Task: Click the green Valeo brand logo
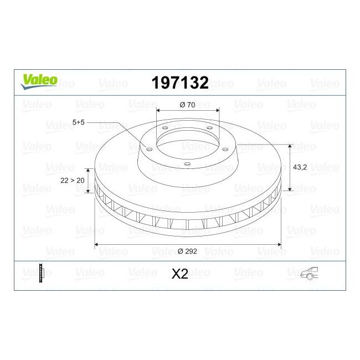(x=39, y=80)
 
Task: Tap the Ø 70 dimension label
(x=187, y=105)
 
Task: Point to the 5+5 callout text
(x=79, y=122)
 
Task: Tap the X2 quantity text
(x=181, y=275)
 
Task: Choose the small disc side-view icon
(x=42, y=275)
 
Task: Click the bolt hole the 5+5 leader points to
(x=148, y=147)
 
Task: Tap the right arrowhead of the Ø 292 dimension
(x=279, y=244)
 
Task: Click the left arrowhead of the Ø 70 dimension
(x=158, y=110)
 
